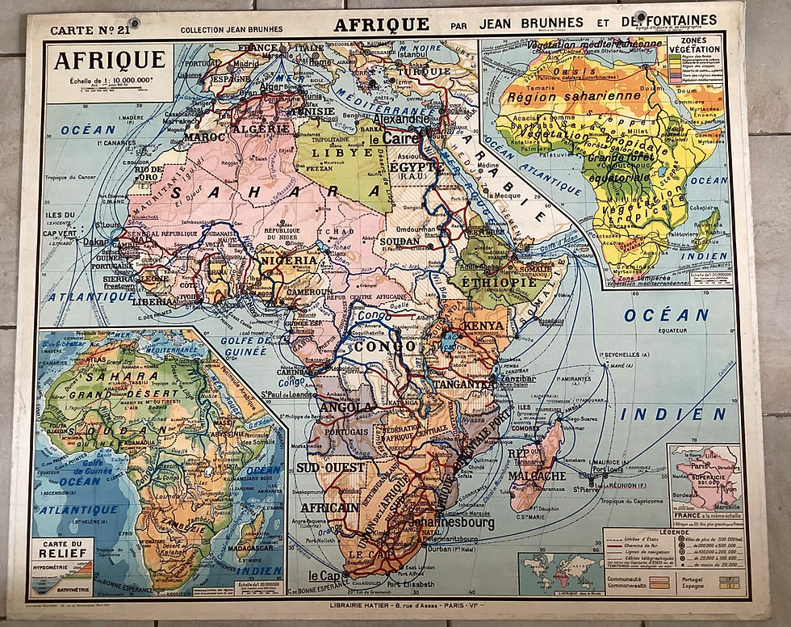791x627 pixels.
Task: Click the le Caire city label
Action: [x=395, y=137]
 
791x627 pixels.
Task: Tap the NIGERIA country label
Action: [x=289, y=260]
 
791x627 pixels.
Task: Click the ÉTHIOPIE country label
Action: [x=499, y=284]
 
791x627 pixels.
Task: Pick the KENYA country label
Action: [x=484, y=326]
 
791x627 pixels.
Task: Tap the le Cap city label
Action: [x=324, y=576]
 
